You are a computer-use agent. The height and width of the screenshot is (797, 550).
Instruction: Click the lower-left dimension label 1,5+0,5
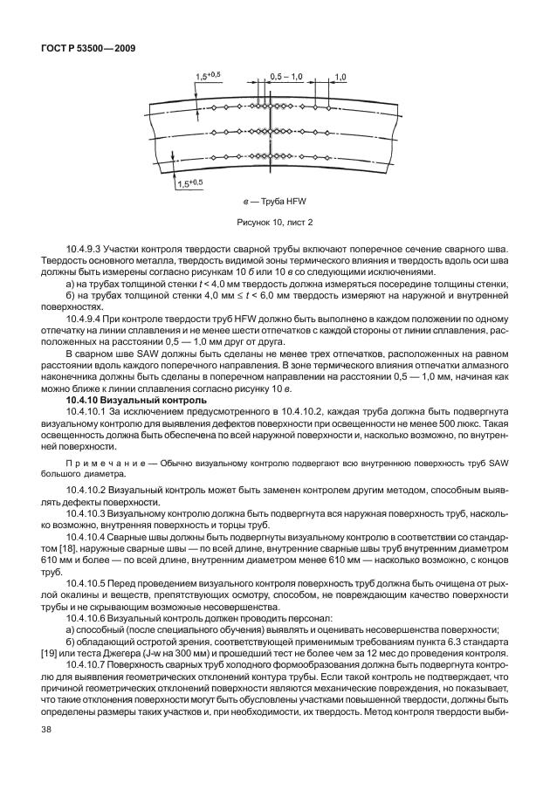(x=189, y=183)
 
